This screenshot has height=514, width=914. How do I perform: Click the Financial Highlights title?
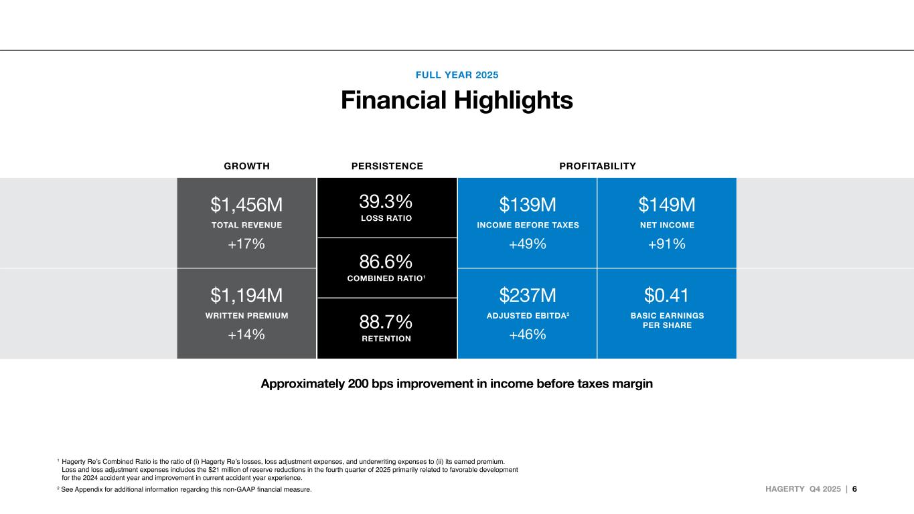tap(457, 101)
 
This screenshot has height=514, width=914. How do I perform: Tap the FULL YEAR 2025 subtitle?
tap(457, 75)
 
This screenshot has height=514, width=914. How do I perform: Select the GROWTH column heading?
tap(246, 166)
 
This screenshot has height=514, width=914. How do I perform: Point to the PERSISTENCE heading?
tap(387, 166)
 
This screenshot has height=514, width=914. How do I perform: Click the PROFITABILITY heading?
tap(597, 166)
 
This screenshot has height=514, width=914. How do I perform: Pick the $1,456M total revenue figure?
tap(246, 203)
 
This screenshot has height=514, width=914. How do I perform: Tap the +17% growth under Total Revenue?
tap(246, 244)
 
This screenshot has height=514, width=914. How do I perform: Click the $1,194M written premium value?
tap(246, 294)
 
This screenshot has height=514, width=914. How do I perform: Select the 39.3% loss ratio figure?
tap(386, 200)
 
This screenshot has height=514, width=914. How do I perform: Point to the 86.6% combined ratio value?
tap(386, 260)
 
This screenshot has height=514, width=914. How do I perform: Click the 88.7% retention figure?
tap(386, 321)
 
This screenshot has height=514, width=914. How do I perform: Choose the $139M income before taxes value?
tap(528, 203)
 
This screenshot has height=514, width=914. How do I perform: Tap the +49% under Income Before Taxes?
tap(528, 244)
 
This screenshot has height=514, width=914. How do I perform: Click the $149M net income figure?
tap(666, 203)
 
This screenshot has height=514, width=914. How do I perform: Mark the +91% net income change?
tap(666, 244)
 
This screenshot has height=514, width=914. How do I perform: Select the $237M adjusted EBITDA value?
tap(528, 294)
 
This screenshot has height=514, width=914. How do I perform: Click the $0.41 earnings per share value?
tap(666, 294)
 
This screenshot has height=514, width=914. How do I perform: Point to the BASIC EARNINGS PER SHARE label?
tap(667, 321)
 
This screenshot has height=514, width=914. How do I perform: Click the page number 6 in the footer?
tap(854, 489)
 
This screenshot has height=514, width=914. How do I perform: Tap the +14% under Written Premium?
tap(246, 335)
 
